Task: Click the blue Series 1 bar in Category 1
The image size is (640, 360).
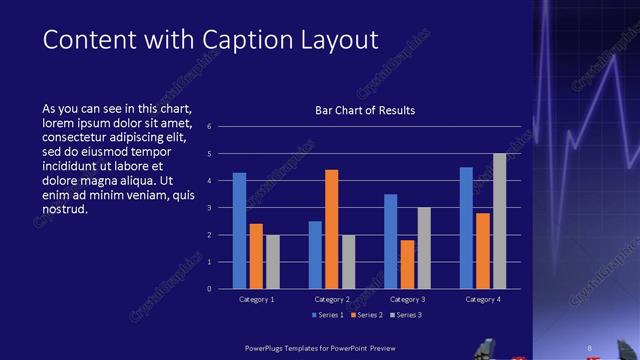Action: [240, 231]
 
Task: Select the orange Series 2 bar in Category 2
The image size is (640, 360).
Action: [332, 229]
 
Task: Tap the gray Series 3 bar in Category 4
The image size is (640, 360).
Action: [500, 221]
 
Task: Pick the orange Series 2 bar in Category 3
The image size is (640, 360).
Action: [407, 264]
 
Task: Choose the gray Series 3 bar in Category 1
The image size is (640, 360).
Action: [273, 262]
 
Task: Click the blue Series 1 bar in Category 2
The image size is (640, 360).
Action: [315, 255]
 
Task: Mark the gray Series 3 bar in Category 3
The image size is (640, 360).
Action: [424, 248]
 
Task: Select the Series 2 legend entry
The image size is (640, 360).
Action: [364, 315]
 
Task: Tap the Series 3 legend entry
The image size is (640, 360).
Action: [406, 315]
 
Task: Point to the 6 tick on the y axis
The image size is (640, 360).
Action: [209, 127]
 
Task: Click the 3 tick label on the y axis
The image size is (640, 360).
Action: [209, 208]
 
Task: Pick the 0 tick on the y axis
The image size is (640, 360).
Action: [209, 289]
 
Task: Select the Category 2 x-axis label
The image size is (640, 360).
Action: [332, 299]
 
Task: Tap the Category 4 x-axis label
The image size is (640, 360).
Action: [483, 299]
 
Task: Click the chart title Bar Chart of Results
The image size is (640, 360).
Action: [358, 110]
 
